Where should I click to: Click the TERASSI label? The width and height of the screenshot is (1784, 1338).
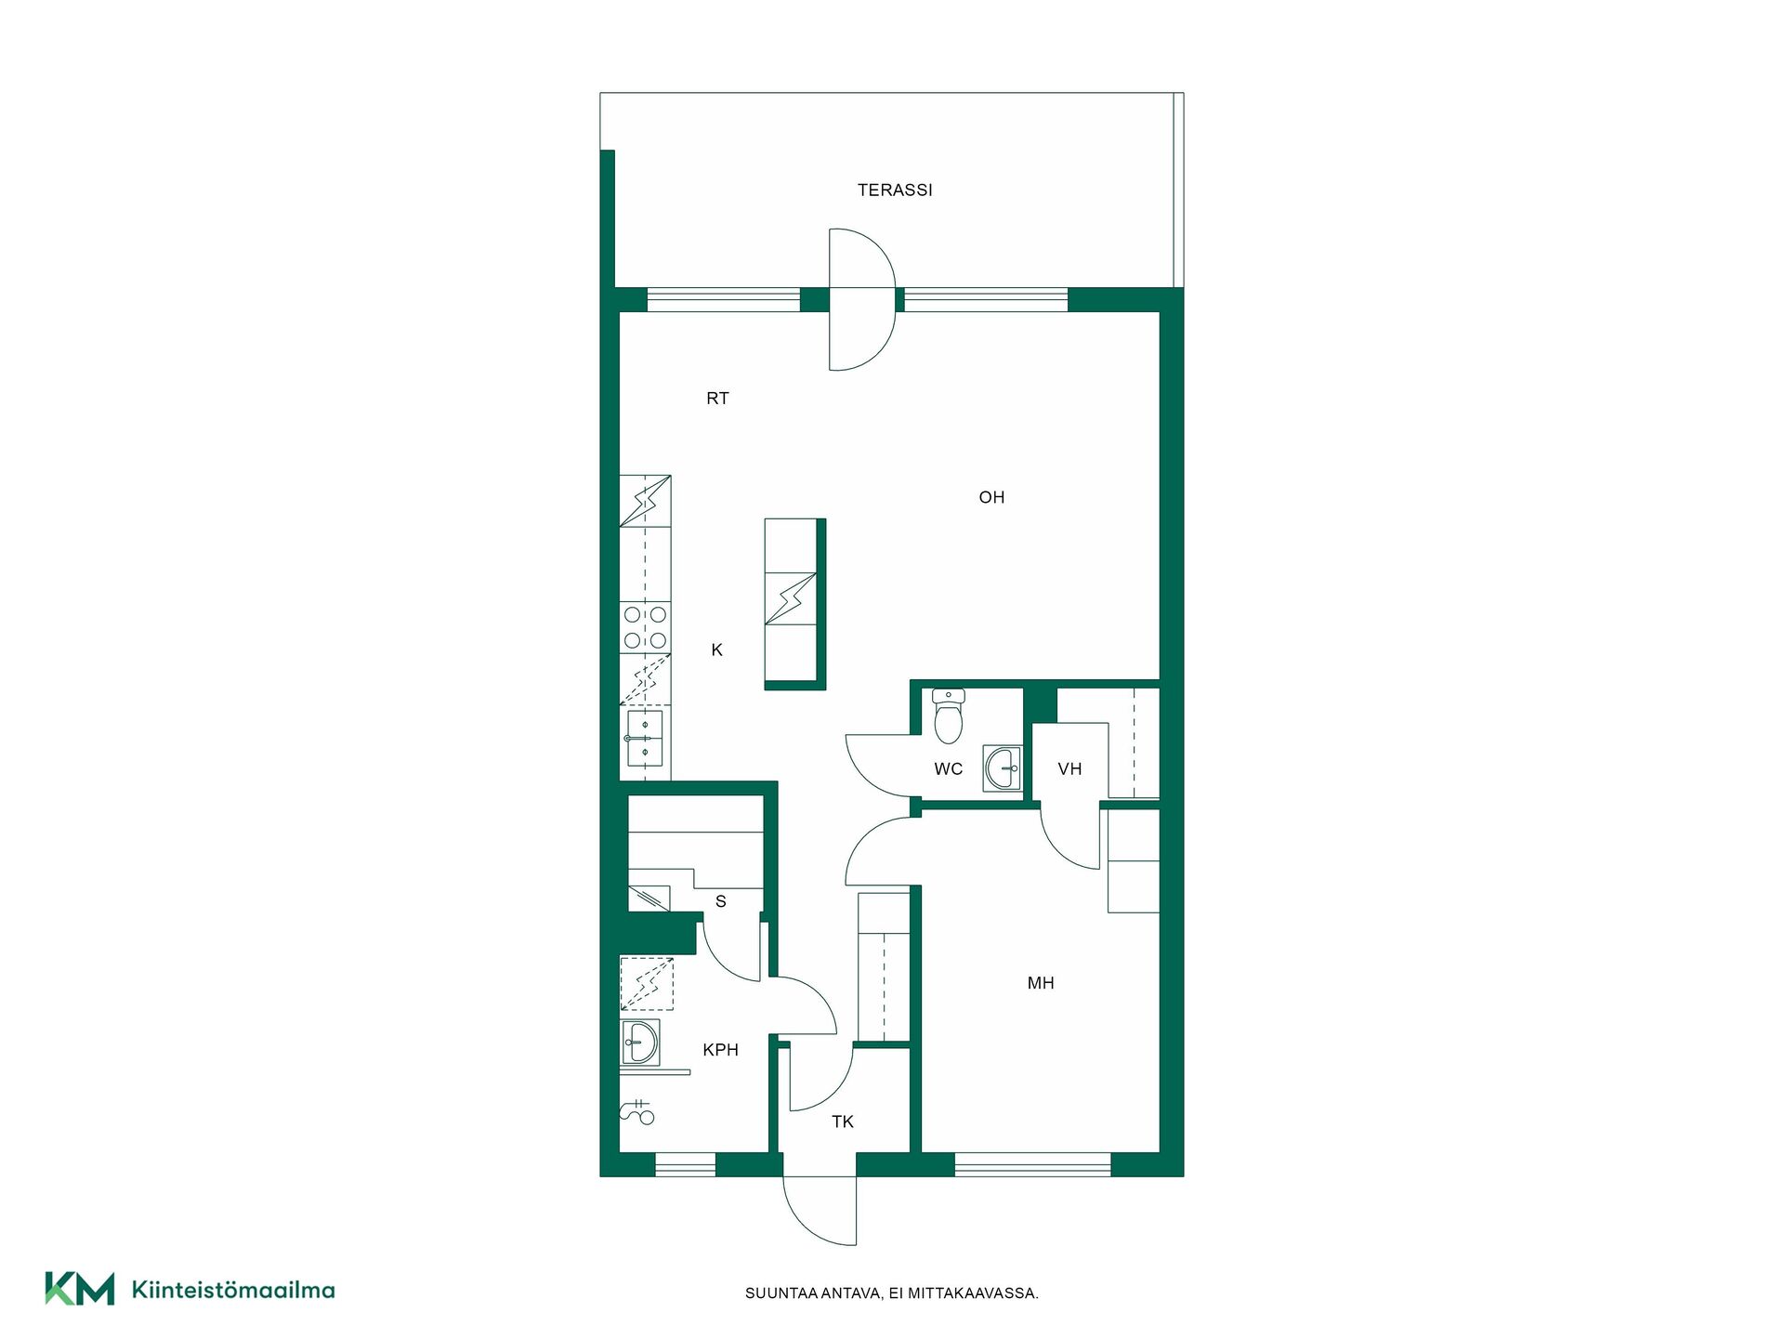click(x=895, y=190)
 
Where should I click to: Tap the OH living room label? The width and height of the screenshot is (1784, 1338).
click(x=991, y=498)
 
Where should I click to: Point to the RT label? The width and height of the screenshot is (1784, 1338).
click(x=717, y=399)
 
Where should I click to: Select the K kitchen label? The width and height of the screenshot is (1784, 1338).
click(x=716, y=650)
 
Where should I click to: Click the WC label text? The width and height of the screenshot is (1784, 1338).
click(x=948, y=769)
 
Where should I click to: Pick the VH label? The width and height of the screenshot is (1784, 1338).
click(x=1069, y=769)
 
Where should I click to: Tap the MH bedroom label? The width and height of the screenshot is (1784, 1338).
click(x=1041, y=983)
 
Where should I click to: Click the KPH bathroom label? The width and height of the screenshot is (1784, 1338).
click(x=720, y=1050)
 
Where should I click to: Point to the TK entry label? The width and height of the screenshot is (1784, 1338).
click(x=843, y=1122)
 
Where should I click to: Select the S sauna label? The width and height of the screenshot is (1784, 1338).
click(x=720, y=901)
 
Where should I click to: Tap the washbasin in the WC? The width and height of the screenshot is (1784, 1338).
click(x=1002, y=769)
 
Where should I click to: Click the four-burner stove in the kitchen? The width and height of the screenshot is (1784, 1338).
click(x=645, y=627)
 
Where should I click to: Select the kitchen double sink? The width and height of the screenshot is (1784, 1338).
click(x=644, y=738)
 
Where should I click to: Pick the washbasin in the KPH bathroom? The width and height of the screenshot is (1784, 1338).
click(x=639, y=1042)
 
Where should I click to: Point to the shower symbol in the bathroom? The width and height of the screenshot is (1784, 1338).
click(x=636, y=1111)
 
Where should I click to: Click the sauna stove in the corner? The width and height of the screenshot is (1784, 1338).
click(x=649, y=899)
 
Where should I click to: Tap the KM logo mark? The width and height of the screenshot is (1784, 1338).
click(x=80, y=1289)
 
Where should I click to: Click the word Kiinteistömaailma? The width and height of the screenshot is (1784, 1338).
click(x=233, y=1290)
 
